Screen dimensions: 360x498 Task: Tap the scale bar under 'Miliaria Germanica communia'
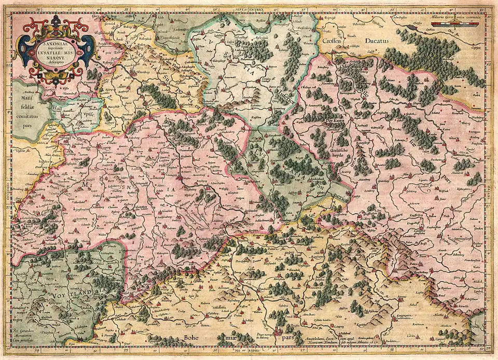[x=457, y=23]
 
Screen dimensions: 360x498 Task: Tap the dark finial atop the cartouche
[x=56, y=20]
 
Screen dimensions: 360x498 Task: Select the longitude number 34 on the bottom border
[x=36, y=352]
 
